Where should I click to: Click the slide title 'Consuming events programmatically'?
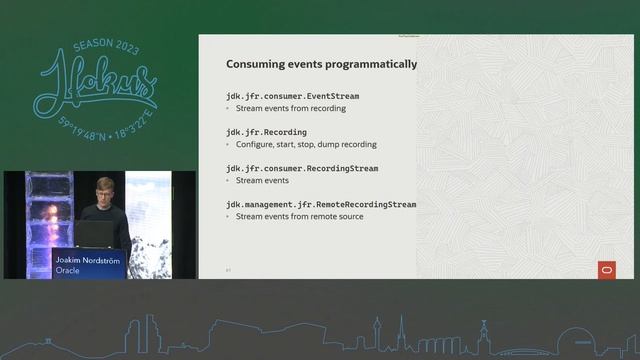click(x=321, y=64)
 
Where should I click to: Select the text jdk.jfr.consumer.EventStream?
click(x=292, y=96)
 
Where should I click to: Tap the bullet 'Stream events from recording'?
click(x=290, y=108)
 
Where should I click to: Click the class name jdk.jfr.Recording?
click(x=266, y=132)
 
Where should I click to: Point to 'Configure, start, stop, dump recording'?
click(x=306, y=144)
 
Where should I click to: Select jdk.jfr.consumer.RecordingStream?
click(x=301, y=169)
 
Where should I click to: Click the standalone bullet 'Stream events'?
click(x=261, y=181)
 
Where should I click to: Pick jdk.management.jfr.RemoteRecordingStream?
click(x=321, y=204)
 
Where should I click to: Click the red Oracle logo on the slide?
click(x=606, y=269)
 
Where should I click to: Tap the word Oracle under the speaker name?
click(x=68, y=270)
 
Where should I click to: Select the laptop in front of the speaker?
click(x=95, y=233)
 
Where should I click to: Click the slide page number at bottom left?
click(x=228, y=269)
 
